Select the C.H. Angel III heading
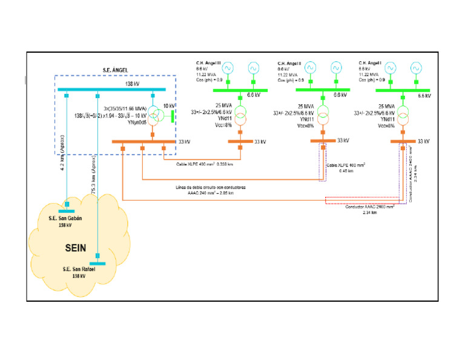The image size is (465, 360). click(x=208, y=62)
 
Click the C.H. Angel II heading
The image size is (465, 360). click(x=289, y=62)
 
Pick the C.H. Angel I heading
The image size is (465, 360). click(x=370, y=62)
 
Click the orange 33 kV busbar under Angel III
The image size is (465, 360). click(x=240, y=142)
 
